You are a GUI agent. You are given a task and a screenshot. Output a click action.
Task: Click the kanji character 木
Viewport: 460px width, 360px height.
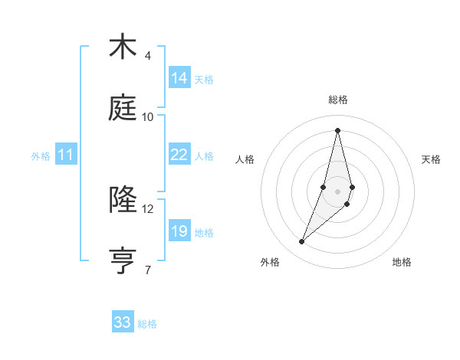pyautogui.click(x=122, y=47)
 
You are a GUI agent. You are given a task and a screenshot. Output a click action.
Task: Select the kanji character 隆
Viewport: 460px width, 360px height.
pyautogui.click(x=122, y=200)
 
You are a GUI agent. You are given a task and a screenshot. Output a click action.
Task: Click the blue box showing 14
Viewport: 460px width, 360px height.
pyautogui.click(x=179, y=77)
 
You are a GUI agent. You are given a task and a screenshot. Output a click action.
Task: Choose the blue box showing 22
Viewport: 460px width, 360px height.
pyautogui.click(x=179, y=155)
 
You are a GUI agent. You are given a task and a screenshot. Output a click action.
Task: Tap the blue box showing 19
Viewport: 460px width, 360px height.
pyautogui.click(x=179, y=231)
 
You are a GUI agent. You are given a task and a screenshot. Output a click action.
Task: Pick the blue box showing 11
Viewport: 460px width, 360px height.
pyautogui.click(x=66, y=155)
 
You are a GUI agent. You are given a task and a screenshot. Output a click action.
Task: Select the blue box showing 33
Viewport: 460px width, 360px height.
pyautogui.click(x=123, y=322)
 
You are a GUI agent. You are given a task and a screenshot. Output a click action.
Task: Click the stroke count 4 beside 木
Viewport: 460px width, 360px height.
pyautogui.click(x=147, y=56)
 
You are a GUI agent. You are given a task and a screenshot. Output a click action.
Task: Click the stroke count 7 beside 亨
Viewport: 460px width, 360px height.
pyautogui.click(x=147, y=270)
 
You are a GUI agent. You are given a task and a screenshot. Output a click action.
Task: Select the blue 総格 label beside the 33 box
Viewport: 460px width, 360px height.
pyautogui.click(x=147, y=324)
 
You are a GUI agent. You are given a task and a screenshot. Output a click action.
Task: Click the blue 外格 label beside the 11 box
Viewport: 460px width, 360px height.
pyautogui.click(x=41, y=156)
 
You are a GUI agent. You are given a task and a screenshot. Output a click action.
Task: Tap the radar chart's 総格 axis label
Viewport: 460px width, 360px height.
pyautogui.click(x=338, y=100)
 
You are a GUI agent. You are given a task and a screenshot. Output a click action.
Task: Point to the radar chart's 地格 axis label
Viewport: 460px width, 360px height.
pyautogui.click(x=402, y=262)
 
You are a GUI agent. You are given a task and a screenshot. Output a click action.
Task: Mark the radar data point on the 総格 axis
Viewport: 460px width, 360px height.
pyautogui.click(x=337, y=129)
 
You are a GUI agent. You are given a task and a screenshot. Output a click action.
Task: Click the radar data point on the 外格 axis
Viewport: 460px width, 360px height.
pyautogui.click(x=302, y=242)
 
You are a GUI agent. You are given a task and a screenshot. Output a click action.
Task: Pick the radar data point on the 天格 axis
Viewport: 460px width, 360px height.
pyautogui.click(x=352, y=188)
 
